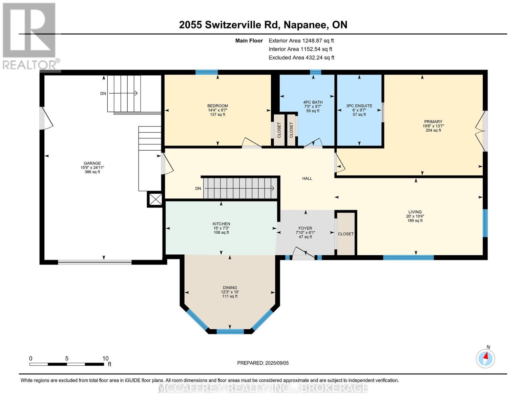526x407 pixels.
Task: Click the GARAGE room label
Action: (x=92, y=163)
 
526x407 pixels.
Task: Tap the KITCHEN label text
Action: (x=221, y=224)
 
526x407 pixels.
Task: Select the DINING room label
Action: (x=230, y=288)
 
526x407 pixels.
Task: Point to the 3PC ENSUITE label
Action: (x=359, y=106)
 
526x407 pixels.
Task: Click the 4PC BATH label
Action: (x=313, y=102)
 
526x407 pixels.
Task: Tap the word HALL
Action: (x=307, y=178)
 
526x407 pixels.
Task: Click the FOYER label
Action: (x=305, y=228)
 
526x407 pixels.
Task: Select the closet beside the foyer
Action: (x=346, y=234)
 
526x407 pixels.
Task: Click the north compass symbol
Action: (x=485, y=358)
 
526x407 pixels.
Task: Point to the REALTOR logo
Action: (x=30, y=36)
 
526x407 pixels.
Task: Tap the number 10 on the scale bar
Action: (x=105, y=358)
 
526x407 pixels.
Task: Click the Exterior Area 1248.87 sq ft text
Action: (x=301, y=41)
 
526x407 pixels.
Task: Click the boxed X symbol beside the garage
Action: (x=155, y=199)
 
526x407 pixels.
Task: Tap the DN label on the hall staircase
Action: (x=198, y=188)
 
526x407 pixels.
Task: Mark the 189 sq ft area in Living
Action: (x=415, y=220)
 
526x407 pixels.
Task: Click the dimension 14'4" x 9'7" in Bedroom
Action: (x=217, y=110)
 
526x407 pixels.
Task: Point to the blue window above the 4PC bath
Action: (x=316, y=72)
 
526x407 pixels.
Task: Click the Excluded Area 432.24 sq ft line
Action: (x=301, y=58)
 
